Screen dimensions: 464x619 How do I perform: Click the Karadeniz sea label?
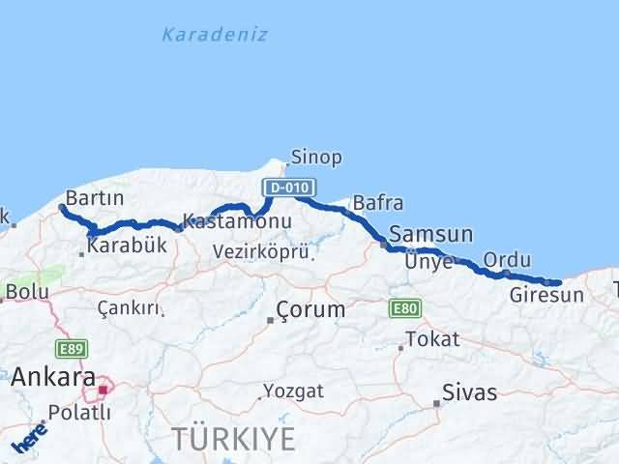click(215, 35)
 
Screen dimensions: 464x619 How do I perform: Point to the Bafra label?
click(378, 203)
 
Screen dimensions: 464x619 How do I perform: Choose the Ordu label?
click(507, 259)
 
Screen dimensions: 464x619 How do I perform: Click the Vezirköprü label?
click(261, 252)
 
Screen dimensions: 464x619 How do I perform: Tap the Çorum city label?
click(310, 310)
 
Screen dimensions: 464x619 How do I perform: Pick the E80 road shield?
click(404, 308)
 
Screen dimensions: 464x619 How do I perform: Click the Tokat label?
click(432, 339)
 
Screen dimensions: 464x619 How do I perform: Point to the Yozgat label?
click(288, 392)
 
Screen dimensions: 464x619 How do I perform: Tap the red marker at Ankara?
click(103, 390)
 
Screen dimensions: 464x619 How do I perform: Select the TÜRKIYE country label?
click(234, 439)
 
